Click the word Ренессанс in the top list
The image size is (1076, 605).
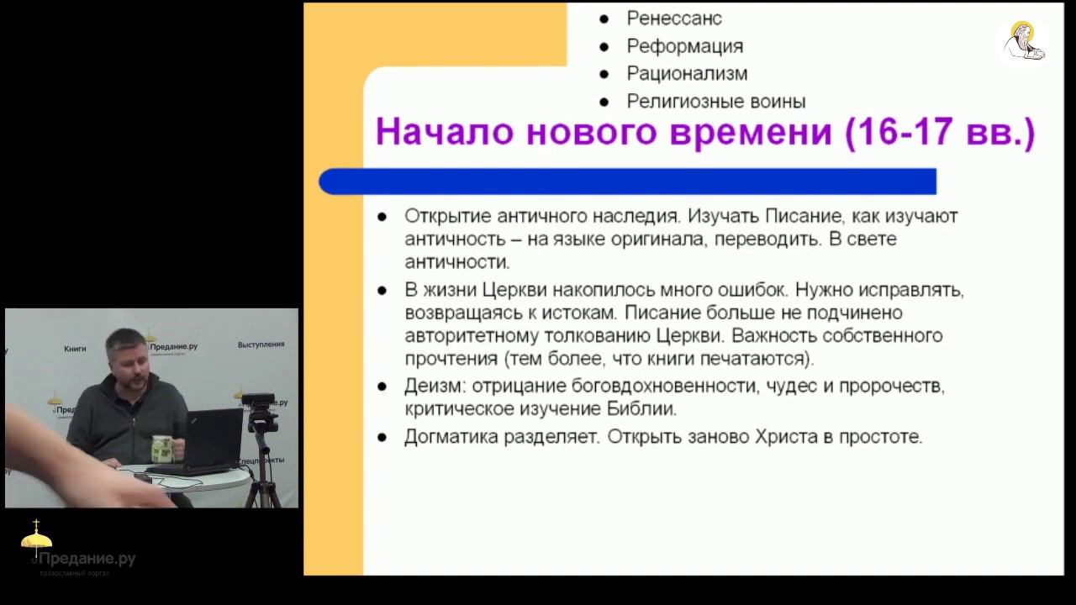674,18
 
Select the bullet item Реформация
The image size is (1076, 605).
685,46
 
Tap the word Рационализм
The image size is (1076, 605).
687,74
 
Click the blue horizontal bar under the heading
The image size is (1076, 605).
627,181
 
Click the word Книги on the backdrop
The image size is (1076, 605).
75,348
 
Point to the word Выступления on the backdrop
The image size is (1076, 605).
261,345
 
